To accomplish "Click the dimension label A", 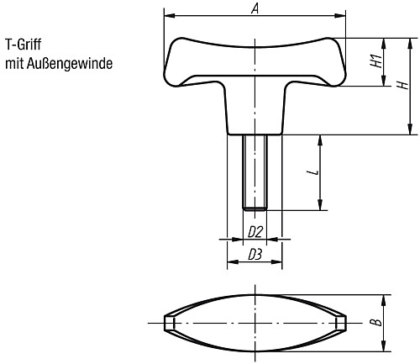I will coord(255,8).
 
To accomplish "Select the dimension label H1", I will coord(376,61).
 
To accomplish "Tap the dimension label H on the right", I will coord(402,85).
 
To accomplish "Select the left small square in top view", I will coord(169,324).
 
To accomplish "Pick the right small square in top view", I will coord(340,324).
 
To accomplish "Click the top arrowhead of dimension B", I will coord(386,299).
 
